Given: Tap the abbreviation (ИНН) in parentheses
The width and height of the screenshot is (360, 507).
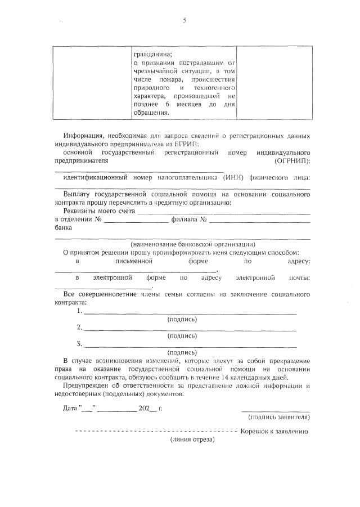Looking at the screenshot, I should pyautogui.click(x=234, y=177).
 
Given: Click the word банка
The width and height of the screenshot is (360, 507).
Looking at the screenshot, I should pyautogui.click(x=63, y=228).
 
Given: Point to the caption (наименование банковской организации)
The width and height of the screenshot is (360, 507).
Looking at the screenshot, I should pyautogui.click(x=193, y=244).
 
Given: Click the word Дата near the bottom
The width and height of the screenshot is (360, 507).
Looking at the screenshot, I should pyautogui.click(x=70, y=407).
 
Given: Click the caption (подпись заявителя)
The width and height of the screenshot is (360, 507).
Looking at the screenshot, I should pyautogui.click(x=278, y=417).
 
